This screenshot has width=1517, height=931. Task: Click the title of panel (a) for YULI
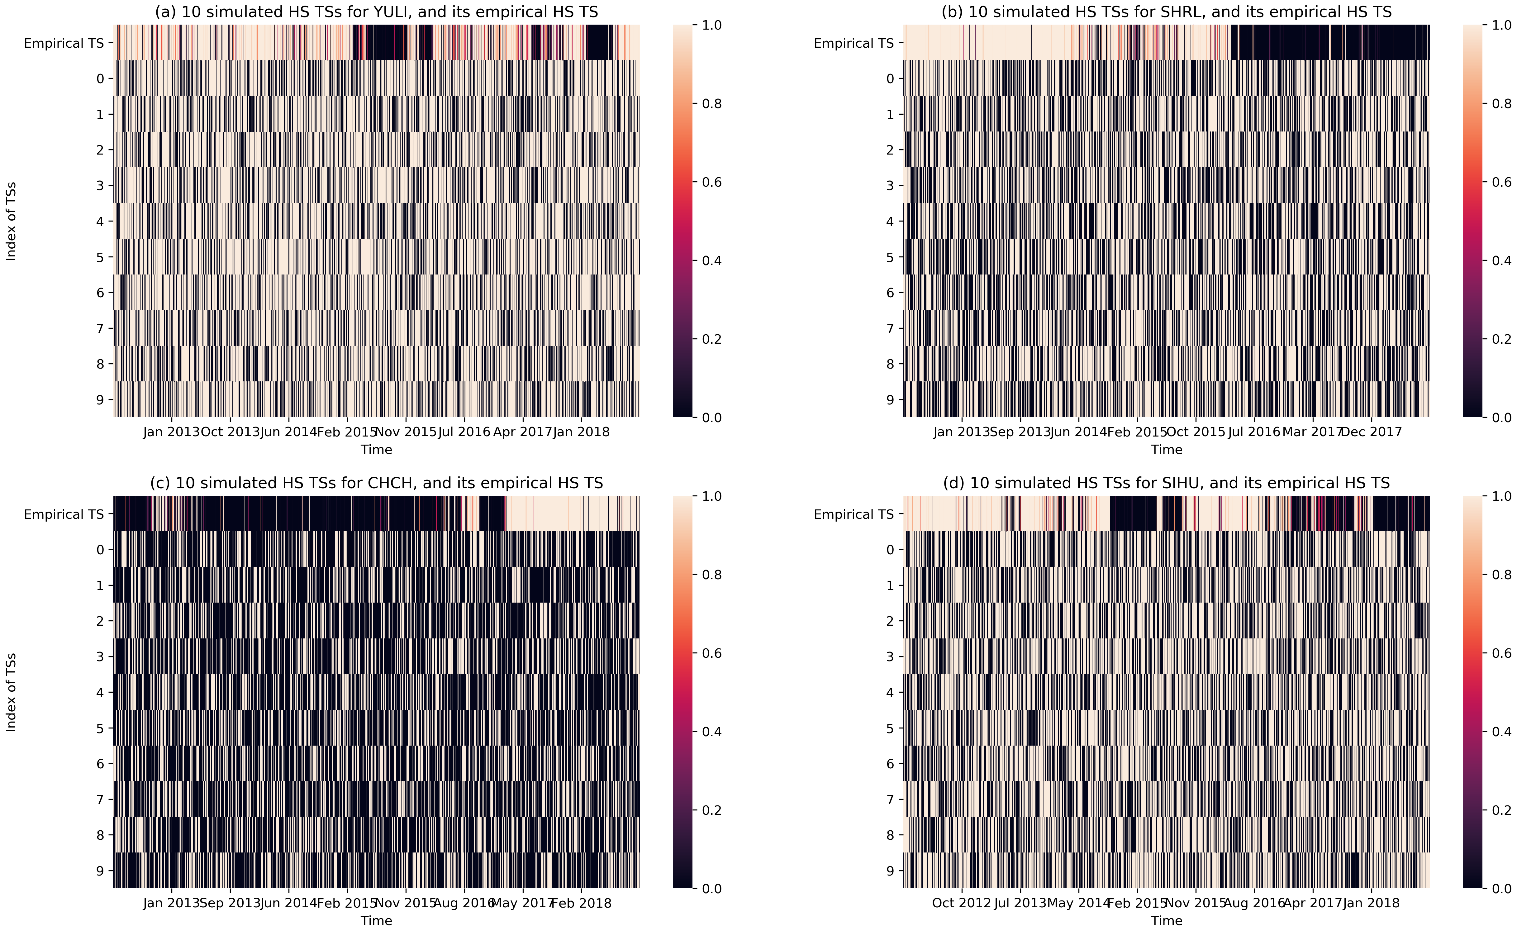pos(376,12)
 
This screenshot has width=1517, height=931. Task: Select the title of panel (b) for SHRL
pos(1166,12)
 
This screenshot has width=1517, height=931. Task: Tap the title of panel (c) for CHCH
pos(376,483)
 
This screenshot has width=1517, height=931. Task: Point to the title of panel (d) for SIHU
pos(1166,483)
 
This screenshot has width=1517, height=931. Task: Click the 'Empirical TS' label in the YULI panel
pos(64,43)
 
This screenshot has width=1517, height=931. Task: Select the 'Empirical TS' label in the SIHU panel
pos(853,514)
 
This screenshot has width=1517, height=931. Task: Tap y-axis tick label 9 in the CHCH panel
pos(100,871)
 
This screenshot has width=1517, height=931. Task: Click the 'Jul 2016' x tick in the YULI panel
pos(464,432)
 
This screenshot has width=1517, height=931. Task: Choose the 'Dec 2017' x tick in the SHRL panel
pos(1371,432)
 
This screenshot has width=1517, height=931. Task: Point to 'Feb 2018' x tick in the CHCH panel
pos(581,903)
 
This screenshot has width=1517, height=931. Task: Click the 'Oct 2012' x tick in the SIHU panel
pos(961,903)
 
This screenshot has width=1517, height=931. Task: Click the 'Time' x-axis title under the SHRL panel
pos(1166,450)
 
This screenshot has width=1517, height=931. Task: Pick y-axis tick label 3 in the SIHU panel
pos(890,656)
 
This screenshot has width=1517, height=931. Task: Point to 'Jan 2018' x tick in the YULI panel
pos(581,432)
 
